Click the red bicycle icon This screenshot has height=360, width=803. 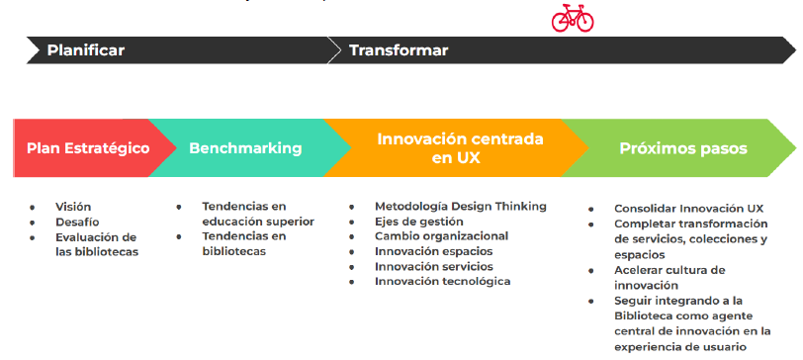pos(573,18)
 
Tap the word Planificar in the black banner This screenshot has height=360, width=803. pos(85,50)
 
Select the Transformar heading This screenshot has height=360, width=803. pos(399,50)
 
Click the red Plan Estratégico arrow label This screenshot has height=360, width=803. pos(88,148)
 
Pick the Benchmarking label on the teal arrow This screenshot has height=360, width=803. pos(245,148)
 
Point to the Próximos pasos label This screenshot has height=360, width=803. pos(683,148)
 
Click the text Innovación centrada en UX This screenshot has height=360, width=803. pos(460,148)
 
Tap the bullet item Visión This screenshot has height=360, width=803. pos(73,207)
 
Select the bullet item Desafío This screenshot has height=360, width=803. pos(77,223)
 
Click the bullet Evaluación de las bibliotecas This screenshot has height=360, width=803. pos(97,244)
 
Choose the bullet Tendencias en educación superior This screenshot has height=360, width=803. pos(258,214)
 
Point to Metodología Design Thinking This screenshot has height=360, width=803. pos(461,207)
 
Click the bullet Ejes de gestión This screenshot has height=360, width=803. pos(419,222)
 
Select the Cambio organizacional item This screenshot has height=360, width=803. pos(441,236)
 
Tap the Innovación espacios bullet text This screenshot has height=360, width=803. pos(434,251)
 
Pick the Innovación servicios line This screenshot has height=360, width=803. pos(434,266)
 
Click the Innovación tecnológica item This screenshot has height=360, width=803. pos(442,281)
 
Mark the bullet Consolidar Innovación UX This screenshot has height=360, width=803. pos(689,209)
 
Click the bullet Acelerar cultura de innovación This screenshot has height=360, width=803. pos(669,278)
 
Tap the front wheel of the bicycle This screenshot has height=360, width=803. pos(583,22)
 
